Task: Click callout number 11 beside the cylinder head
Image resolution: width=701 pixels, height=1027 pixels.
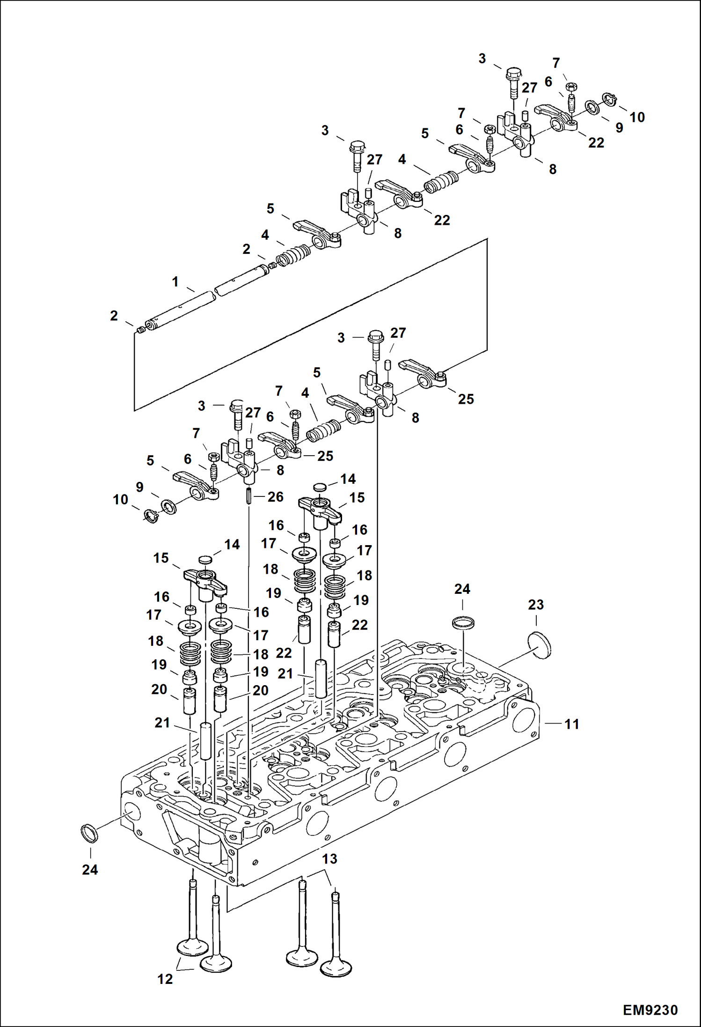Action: pyautogui.click(x=571, y=724)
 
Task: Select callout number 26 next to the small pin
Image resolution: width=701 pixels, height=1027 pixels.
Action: pyautogui.click(x=275, y=497)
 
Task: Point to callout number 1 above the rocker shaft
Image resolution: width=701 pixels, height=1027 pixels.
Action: pyautogui.click(x=175, y=282)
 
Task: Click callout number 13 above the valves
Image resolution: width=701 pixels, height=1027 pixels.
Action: pyautogui.click(x=329, y=859)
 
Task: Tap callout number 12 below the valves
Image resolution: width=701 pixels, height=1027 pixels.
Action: pyautogui.click(x=165, y=979)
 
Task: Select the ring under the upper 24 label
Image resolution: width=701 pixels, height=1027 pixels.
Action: pyautogui.click(x=463, y=623)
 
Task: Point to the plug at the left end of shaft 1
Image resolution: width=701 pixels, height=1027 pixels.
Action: pyautogui.click(x=140, y=331)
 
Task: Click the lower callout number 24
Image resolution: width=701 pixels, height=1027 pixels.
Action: pyautogui.click(x=90, y=870)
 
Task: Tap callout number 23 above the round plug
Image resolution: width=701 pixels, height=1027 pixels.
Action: pyautogui.click(x=536, y=605)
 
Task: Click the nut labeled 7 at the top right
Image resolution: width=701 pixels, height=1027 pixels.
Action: pyautogui.click(x=571, y=87)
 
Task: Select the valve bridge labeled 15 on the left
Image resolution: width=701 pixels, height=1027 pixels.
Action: pyautogui.click(x=204, y=581)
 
